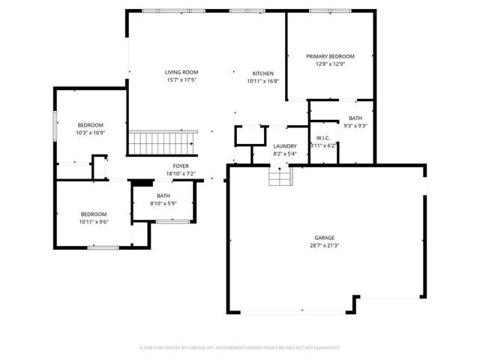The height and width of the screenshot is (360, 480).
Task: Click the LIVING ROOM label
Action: click(181, 73)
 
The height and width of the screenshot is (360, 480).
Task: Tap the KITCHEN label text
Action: click(262, 73)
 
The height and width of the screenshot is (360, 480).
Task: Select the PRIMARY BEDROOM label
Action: click(330, 56)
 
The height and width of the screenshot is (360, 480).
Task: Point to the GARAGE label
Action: click(324, 238)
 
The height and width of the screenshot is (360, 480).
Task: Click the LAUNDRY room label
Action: click(285, 146)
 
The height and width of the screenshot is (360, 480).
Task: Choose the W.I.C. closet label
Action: click(324, 137)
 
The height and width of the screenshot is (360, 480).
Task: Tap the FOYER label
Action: click(181, 166)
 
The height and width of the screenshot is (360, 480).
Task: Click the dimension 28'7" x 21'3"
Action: click(324, 245)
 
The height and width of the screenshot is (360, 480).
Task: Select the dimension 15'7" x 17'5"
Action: click(181, 80)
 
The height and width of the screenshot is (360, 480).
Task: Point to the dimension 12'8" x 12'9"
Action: click(330, 64)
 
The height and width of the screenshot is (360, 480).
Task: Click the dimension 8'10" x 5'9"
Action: click(163, 203)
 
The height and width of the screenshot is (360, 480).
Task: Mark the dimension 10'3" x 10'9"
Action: click(90, 133)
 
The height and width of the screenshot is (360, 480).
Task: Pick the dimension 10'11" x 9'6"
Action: click(94, 221)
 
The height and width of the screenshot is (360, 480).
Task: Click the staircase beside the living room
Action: click(163, 141)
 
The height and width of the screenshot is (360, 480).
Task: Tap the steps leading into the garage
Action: click(280, 177)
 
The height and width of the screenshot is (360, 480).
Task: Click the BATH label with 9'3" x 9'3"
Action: click(355, 118)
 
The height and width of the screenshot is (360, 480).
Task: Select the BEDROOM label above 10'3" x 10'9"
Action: click(90, 124)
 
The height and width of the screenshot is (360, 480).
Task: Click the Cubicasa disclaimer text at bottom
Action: click(240, 348)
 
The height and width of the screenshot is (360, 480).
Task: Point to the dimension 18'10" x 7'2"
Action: click(181, 173)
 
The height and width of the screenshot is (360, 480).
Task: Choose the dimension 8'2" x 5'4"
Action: click(285, 154)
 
